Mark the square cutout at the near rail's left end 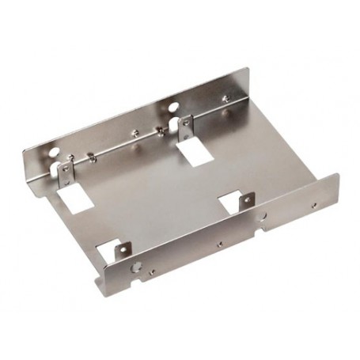pyautogui.click(x=110, y=255)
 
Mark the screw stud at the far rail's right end pyautogui.click(x=227, y=98)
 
